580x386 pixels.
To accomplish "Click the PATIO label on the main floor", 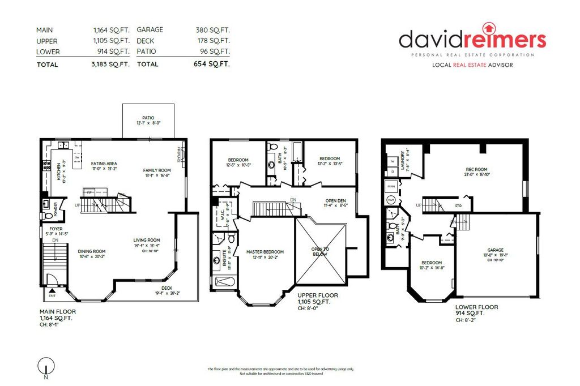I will [x=148, y=118].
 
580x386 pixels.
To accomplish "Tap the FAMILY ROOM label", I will [x=156, y=170].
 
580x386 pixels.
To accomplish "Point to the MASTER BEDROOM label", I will [x=265, y=252].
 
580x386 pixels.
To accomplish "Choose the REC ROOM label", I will [x=476, y=169].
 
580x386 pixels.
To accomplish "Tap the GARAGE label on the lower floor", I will [x=496, y=250].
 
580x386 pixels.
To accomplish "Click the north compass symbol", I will [x=44, y=365].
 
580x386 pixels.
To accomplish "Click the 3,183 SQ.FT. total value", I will [x=111, y=65].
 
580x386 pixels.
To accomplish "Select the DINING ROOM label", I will [x=92, y=251].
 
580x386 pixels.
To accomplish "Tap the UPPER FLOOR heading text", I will [x=318, y=295].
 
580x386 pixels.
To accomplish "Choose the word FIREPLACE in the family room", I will [x=180, y=155].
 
